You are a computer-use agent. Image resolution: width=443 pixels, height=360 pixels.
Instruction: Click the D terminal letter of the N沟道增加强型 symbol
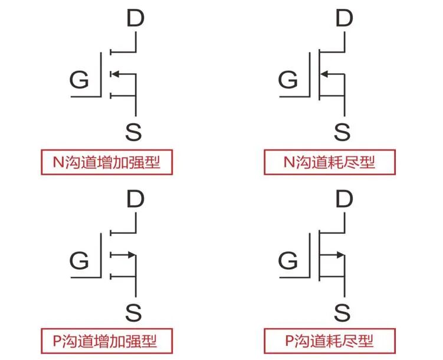click(x=136, y=19)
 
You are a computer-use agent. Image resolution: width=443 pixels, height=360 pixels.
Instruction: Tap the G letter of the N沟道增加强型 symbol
click(x=79, y=79)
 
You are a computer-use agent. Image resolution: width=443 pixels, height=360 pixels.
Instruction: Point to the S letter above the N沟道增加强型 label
click(x=134, y=132)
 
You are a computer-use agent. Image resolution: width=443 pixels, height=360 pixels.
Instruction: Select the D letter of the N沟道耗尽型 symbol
click(x=344, y=19)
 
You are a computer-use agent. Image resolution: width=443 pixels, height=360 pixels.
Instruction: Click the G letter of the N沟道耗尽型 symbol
click(x=288, y=79)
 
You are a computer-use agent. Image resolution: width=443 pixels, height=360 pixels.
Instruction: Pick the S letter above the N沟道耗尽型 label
click(x=342, y=132)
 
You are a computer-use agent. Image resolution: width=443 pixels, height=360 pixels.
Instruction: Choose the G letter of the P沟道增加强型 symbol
click(x=79, y=260)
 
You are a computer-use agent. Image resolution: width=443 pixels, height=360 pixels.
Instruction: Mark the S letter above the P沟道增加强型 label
click(x=134, y=311)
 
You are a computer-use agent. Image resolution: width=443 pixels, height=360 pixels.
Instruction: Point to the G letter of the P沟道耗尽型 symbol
click(x=288, y=260)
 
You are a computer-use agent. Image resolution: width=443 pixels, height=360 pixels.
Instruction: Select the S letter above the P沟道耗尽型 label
click(x=342, y=311)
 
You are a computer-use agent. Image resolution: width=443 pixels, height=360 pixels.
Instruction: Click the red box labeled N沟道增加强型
click(x=107, y=162)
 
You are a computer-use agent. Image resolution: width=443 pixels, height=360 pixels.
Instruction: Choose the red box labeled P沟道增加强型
click(x=107, y=341)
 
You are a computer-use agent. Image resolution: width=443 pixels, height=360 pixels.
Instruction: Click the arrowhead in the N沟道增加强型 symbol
click(x=114, y=74)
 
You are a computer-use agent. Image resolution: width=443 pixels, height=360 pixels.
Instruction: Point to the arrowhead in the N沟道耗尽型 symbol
click(x=324, y=74)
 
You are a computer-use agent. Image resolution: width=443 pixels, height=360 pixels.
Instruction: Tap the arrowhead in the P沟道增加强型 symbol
click(x=131, y=255)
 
